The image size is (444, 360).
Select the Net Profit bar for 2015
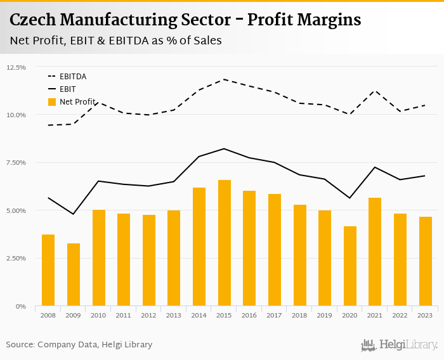click(x=225, y=243)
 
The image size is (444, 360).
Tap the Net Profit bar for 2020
click(x=350, y=266)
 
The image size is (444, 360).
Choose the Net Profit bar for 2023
click(x=426, y=261)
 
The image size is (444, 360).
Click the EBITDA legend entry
click(x=73, y=77)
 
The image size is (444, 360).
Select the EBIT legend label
click(x=67, y=89)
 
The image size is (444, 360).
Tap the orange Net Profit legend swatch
click(x=52, y=102)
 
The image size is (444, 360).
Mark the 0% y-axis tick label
click(x=21, y=306)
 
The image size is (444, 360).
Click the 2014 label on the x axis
click(x=199, y=315)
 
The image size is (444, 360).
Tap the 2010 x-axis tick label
click(x=99, y=315)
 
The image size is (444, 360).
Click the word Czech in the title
click(x=31, y=20)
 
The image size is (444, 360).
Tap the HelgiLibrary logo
click(x=400, y=345)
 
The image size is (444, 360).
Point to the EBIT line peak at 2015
click(x=225, y=149)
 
